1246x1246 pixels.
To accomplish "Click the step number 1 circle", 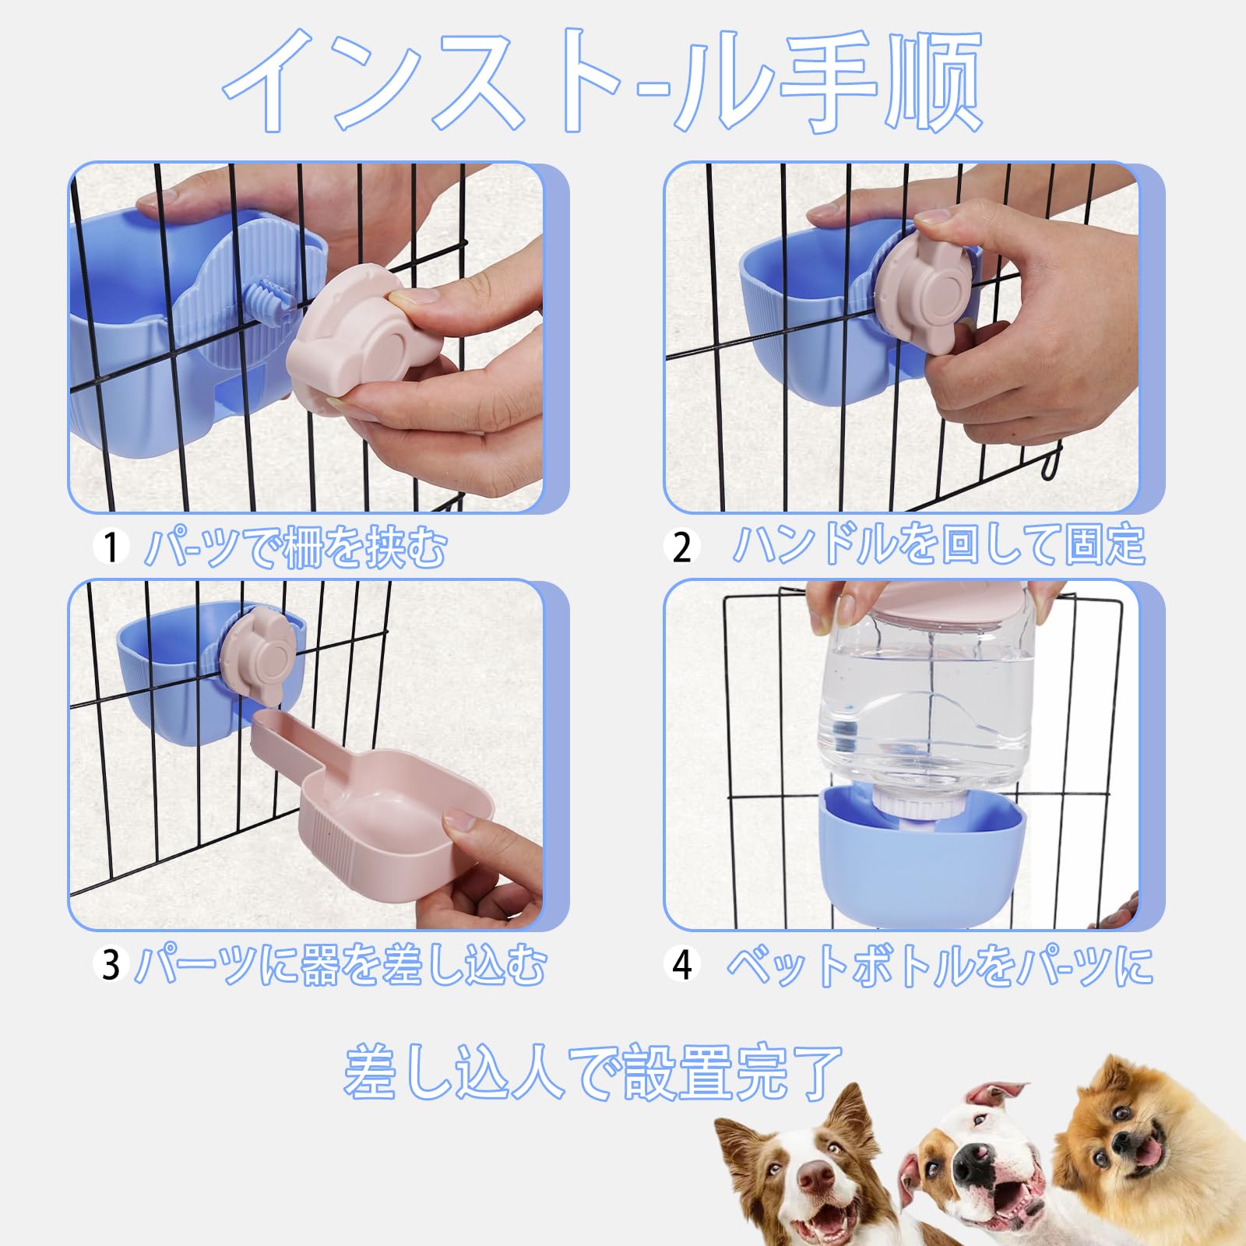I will pyautogui.click(x=111, y=547).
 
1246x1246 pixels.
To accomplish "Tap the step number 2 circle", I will pyautogui.click(x=681, y=547).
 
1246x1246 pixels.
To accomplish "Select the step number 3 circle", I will pyautogui.click(x=111, y=965).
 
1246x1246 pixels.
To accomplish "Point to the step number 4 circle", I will pyautogui.click(x=681, y=965).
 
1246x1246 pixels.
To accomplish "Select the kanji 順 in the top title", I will pyautogui.click(x=935, y=82).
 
